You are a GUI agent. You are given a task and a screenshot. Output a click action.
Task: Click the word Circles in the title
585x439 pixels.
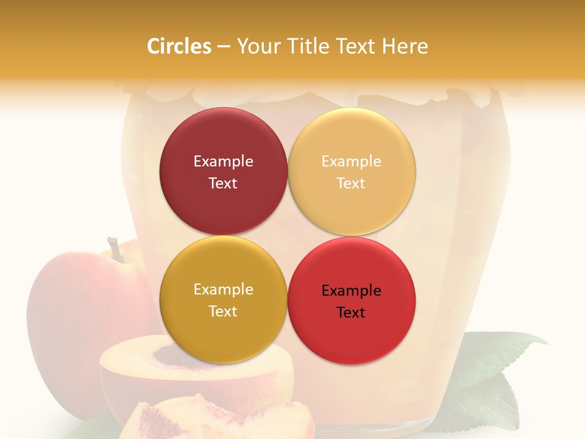tap(179, 46)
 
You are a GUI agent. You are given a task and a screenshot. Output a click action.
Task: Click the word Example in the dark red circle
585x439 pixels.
tap(223, 161)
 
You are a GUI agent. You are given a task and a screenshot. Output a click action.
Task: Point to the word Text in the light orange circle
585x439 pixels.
tap(351, 183)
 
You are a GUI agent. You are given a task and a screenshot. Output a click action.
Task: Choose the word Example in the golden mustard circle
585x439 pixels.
tap(223, 289)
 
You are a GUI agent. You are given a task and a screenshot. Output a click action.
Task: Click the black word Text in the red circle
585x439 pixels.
tap(351, 312)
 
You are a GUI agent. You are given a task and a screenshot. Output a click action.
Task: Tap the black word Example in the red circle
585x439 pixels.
tap(351, 290)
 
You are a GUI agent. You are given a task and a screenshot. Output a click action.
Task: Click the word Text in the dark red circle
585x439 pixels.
tap(223, 183)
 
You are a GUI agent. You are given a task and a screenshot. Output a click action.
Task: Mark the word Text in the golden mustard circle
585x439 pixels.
tap(223, 311)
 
